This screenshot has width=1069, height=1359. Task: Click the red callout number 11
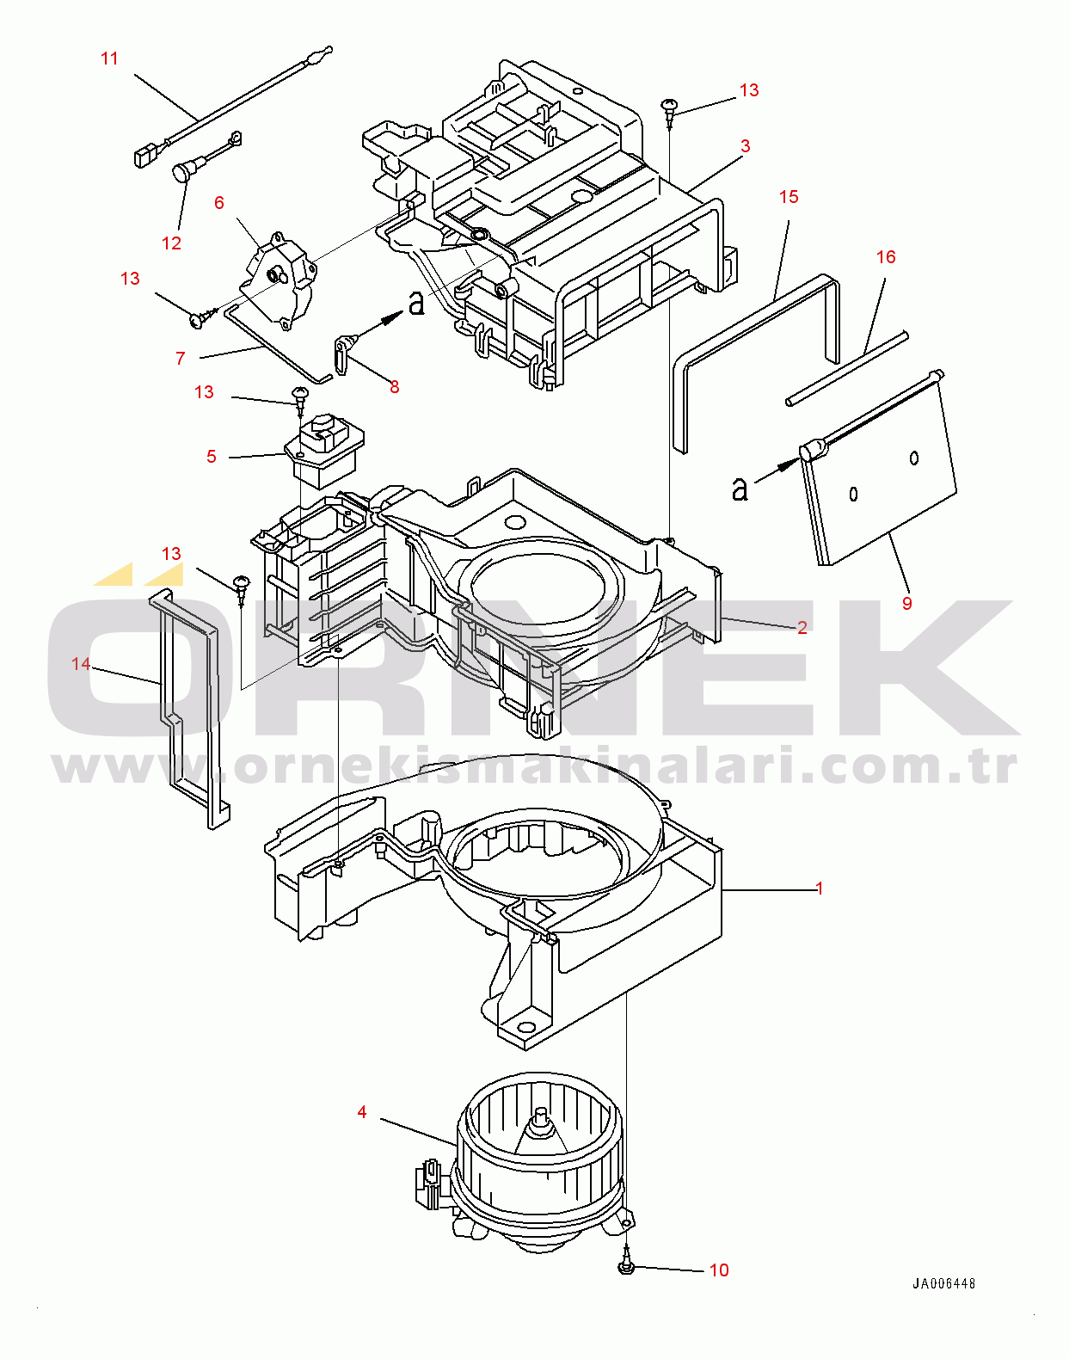(x=109, y=58)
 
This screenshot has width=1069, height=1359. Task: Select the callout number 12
(x=172, y=243)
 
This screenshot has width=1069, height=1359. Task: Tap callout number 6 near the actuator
(x=219, y=203)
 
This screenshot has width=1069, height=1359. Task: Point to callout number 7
(x=181, y=359)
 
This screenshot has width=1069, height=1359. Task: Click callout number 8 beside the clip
(x=395, y=387)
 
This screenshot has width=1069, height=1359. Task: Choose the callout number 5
(x=212, y=457)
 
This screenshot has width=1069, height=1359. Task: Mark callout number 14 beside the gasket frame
(x=81, y=664)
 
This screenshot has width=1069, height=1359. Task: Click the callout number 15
(x=789, y=197)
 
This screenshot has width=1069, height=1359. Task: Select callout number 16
(x=886, y=257)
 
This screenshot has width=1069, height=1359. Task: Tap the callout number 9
(x=907, y=604)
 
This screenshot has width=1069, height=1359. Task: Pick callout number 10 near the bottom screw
(x=719, y=1270)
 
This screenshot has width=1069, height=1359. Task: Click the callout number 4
(x=362, y=1113)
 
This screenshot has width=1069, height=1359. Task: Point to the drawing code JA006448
(x=943, y=1283)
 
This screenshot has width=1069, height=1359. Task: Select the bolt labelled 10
(x=626, y=1265)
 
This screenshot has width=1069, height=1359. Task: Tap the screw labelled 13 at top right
(x=670, y=107)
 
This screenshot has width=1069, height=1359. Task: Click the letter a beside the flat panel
(x=740, y=489)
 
